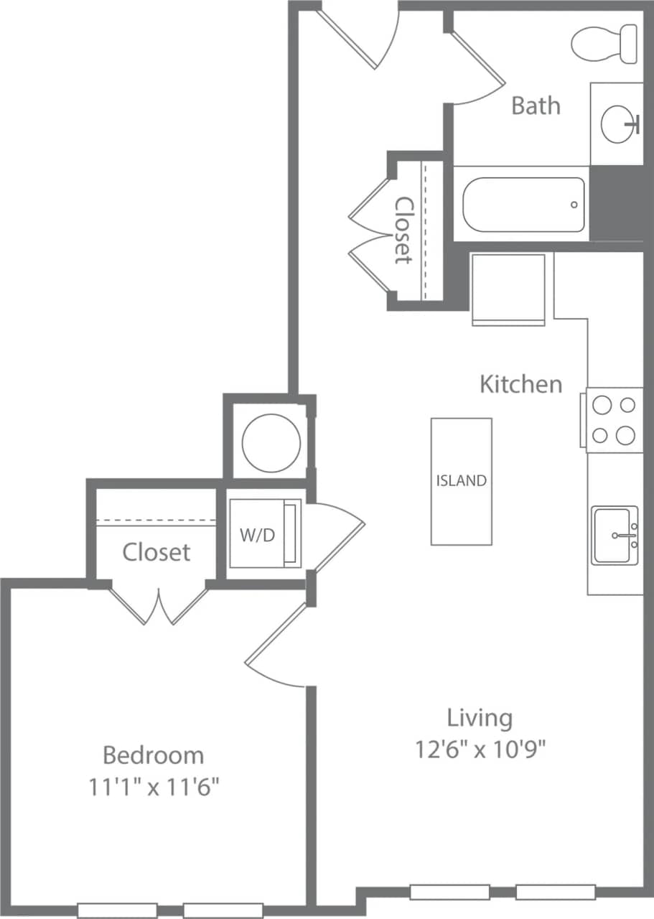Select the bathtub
pos(523,205)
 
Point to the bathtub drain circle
pos(574,205)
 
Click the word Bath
pos(536,106)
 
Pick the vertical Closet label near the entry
pos(404,230)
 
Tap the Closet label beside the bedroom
pos(156,552)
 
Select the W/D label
pos(257,536)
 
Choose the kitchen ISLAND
pos(461,481)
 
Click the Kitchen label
pos(520,384)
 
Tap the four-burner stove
pos(614,420)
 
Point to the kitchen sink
pos(615,535)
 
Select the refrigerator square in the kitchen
pos(508,289)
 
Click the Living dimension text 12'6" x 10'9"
pos(480,750)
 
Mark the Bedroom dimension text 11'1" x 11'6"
pos(153,788)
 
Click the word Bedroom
pos(153,755)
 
